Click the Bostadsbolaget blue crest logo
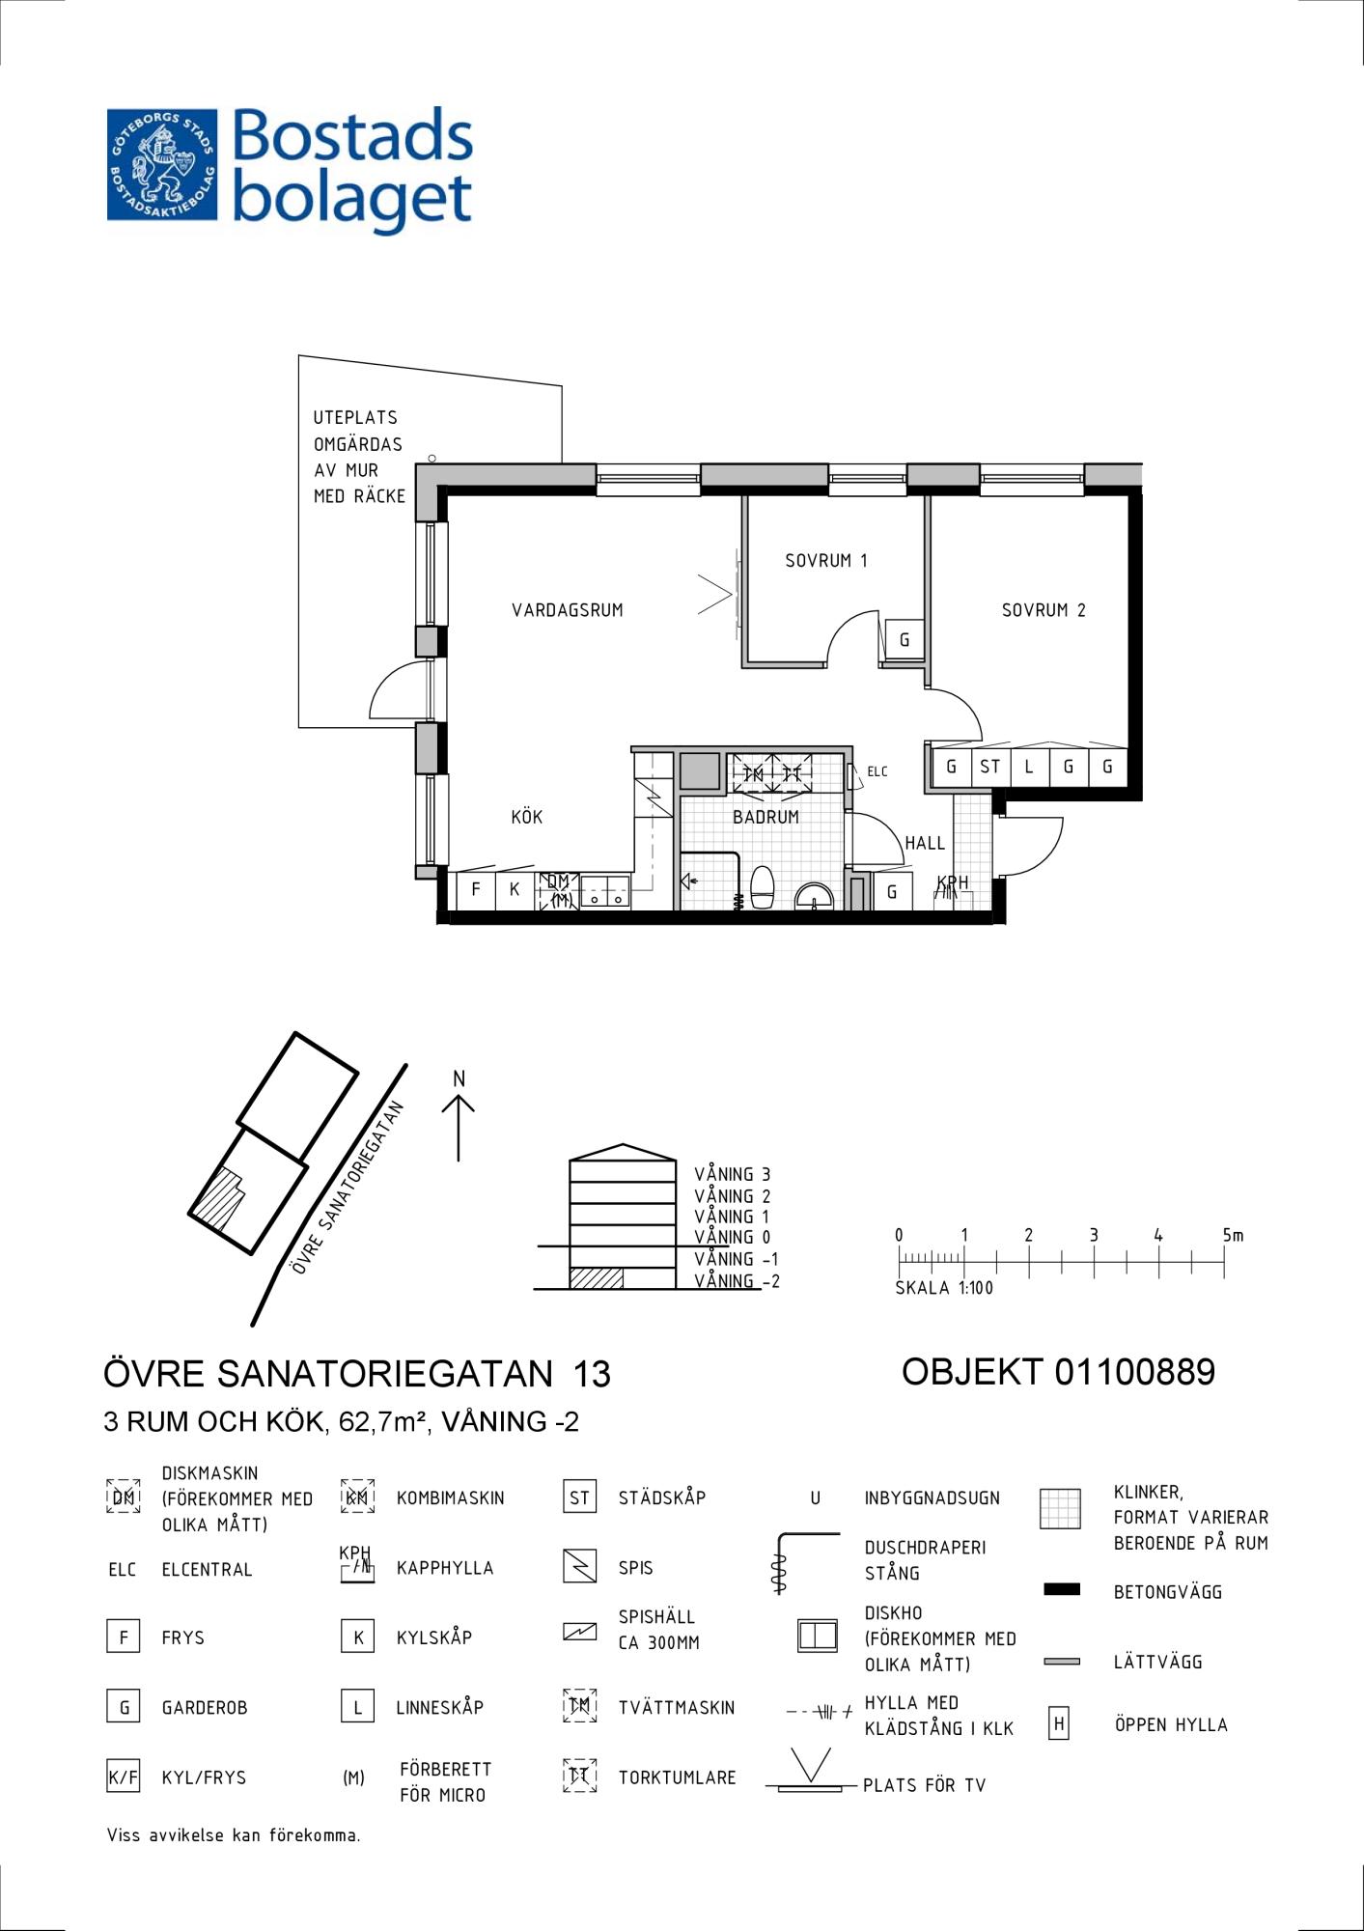point(162,164)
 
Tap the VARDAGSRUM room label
point(568,610)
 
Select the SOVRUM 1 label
point(826,560)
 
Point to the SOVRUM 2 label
point(1044,610)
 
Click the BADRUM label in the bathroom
point(766,817)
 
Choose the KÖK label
point(527,817)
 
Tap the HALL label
point(925,843)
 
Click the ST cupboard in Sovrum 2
point(990,768)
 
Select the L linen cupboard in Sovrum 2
point(1029,768)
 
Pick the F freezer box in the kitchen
point(475,889)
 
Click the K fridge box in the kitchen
point(515,889)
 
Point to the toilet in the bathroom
point(763,887)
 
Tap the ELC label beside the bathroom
point(877,771)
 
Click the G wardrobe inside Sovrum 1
point(905,639)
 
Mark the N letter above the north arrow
point(459,1078)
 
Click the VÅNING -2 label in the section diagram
point(737,1281)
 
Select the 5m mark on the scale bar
point(1233,1235)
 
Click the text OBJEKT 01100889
point(1058,1372)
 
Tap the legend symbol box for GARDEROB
point(123,1707)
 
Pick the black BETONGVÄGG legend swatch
point(1062,1589)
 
